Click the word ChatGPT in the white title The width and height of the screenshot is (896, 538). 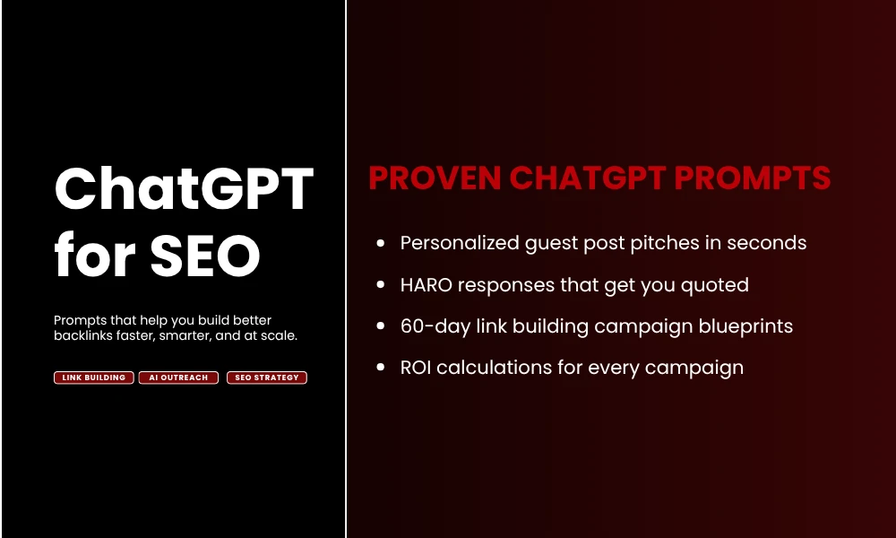184,190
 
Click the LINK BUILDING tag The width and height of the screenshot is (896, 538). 94,377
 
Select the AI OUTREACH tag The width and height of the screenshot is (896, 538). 180,377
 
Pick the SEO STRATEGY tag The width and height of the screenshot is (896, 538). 266,377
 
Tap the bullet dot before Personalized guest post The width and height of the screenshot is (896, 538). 382,243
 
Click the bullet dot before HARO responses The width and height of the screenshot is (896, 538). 382,285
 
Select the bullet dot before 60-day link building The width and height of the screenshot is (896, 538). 382,326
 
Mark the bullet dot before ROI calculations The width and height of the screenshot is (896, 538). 382,368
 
